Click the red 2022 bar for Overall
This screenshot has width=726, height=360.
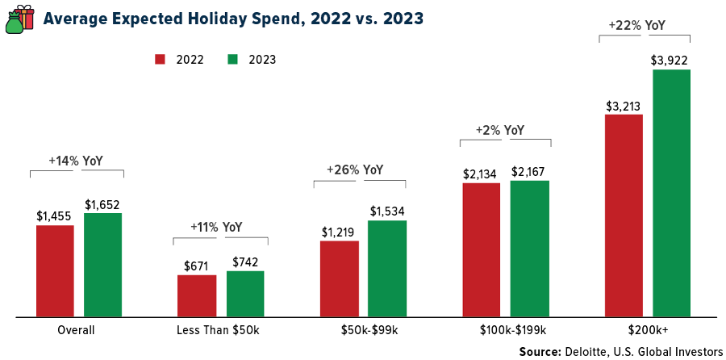pos(55,270)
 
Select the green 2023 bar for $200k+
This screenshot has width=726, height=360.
pos(672,193)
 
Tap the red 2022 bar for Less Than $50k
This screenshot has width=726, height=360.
pos(197,295)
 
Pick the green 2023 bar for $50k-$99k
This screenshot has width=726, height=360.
pos(387,268)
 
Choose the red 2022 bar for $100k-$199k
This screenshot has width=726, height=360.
pos(482,249)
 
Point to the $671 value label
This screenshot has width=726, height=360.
pos(197,265)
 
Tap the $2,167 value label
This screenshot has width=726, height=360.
pos(530,170)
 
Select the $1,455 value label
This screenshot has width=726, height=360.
pos(55,216)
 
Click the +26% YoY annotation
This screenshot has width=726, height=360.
pos(355,170)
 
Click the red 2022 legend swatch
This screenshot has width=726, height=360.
pos(160,59)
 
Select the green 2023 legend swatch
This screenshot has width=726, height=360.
pos(233,59)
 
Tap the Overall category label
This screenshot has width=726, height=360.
pos(77,330)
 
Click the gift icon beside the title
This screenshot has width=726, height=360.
pos(21,18)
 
